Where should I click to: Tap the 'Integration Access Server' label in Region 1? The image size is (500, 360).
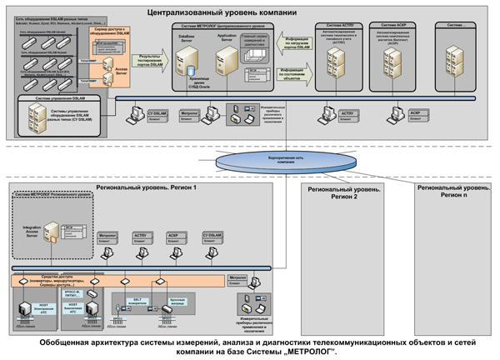[32, 232]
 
